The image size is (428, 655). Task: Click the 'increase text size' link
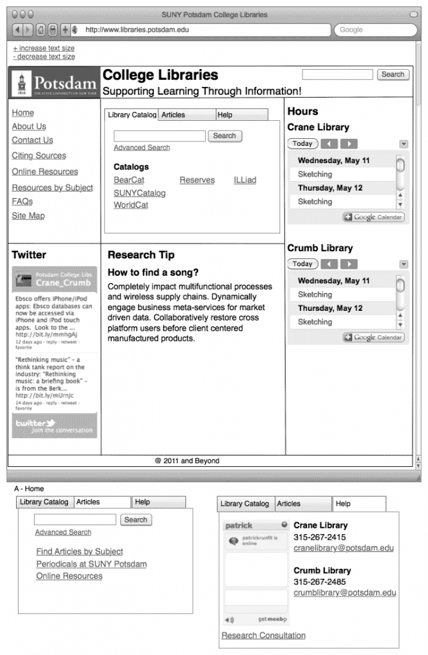tap(44, 48)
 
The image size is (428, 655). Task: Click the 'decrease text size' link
tap(44, 57)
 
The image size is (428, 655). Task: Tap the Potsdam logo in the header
tap(54, 83)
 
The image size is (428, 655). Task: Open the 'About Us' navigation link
tap(29, 127)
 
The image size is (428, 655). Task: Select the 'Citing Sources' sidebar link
tap(38, 155)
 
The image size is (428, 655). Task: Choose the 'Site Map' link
tap(28, 216)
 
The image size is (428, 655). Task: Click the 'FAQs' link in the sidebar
tap(22, 201)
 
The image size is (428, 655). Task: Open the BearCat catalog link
tap(129, 180)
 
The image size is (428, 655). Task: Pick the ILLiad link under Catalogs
tap(245, 180)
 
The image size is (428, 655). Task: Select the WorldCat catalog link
tap(131, 205)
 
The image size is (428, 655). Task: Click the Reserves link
tap(197, 180)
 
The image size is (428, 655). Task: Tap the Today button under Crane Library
tap(302, 143)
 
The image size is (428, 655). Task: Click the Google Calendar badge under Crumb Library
tap(374, 337)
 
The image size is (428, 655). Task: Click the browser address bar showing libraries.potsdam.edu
tap(205, 29)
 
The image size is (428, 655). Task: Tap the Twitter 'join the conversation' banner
tap(54, 426)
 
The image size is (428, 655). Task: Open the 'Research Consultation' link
tap(263, 635)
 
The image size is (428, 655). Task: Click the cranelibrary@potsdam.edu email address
tap(343, 548)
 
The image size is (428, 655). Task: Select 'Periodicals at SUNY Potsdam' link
tap(91, 564)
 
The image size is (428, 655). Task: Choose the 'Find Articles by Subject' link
tap(79, 551)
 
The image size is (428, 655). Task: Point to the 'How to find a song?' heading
tap(153, 272)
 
